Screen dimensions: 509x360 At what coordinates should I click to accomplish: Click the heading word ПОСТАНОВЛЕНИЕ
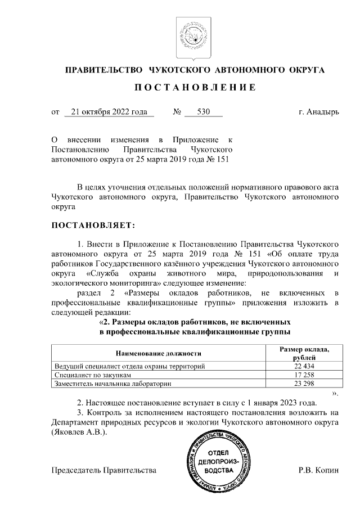click(x=195, y=88)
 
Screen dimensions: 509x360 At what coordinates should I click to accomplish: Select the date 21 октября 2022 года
click(x=109, y=112)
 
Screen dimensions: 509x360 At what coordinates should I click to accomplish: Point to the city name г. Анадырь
click(x=319, y=112)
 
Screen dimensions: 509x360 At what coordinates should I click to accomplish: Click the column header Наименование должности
click(x=159, y=353)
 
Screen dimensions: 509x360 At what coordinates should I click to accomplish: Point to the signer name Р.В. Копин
click(x=318, y=469)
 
